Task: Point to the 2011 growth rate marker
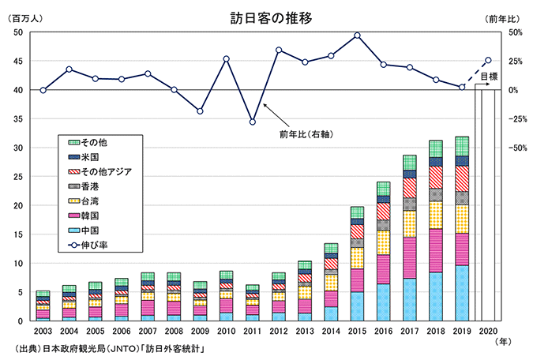click(252, 122)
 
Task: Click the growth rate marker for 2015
click(357, 35)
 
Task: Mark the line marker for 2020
click(488, 60)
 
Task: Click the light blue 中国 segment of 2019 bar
click(462, 293)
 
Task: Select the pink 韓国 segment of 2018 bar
click(436, 250)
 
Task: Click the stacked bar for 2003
click(43, 306)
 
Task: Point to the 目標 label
click(490, 77)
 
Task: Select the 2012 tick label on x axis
click(278, 330)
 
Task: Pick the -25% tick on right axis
click(518, 119)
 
